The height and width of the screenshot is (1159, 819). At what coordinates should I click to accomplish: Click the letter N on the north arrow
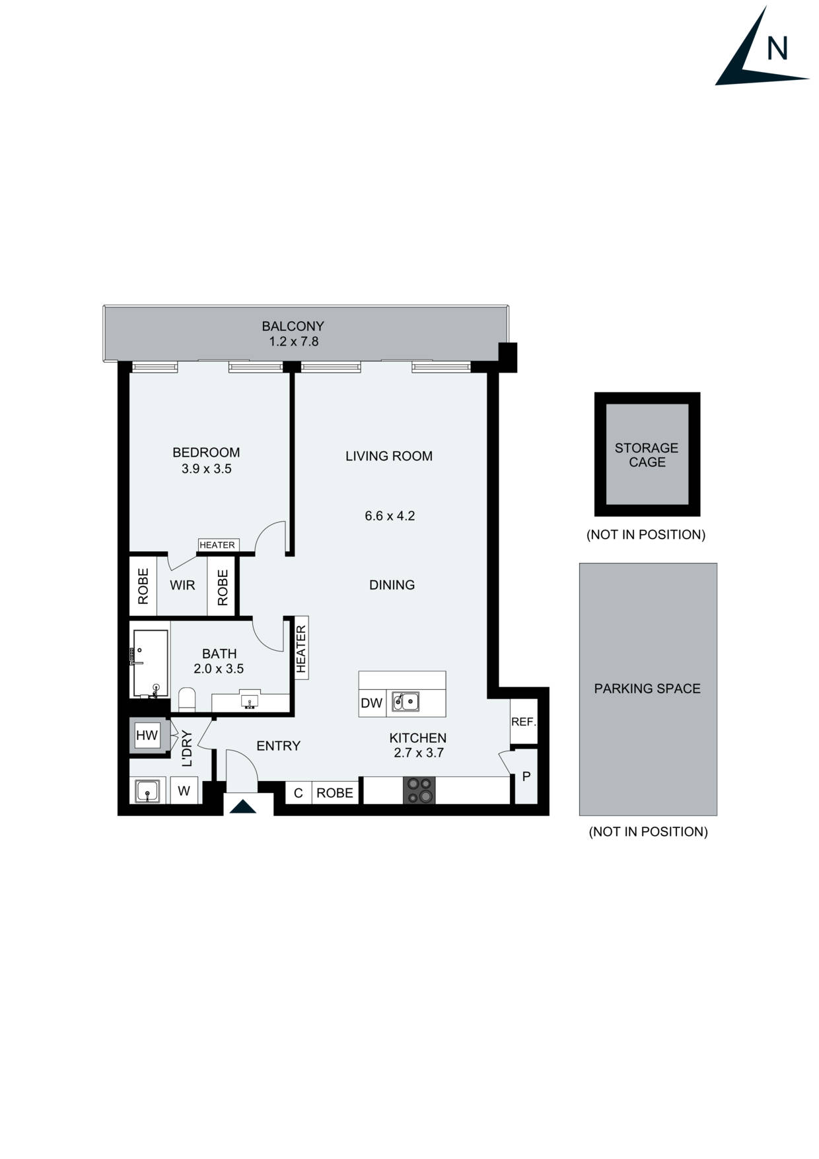pyautogui.click(x=777, y=48)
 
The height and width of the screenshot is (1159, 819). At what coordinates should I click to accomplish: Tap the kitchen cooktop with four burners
pyautogui.click(x=419, y=790)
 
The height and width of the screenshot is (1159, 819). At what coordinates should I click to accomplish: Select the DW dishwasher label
pyautogui.click(x=372, y=703)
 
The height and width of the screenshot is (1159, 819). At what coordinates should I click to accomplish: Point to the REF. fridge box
pyautogui.click(x=524, y=722)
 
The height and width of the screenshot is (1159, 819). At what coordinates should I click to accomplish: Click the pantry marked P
pyautogui.click(x=526, y=776)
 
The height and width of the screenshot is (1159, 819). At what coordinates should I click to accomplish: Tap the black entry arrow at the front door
pyautogui.click(x=242, y=807)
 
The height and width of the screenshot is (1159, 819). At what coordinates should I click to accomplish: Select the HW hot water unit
pyautogui.click(x=147, y=735)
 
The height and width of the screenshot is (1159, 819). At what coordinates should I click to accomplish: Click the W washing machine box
pyautogui.click(x=184, y=790)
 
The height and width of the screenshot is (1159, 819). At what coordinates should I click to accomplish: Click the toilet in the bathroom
pyautogui.click(x=187, y=700)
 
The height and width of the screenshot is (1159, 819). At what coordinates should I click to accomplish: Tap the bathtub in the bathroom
pyautogui.click(x=150, y=663)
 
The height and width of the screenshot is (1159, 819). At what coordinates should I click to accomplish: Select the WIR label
pyautogui.click(x=182, y=585)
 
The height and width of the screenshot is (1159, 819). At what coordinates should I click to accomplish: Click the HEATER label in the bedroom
pyautogui.click(x=217, y=544)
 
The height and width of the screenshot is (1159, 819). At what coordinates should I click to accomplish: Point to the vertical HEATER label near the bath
pyautogui.click(x=301, y=649)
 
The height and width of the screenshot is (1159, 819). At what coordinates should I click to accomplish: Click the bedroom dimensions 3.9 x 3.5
pyautogui.click(x=206, y=468)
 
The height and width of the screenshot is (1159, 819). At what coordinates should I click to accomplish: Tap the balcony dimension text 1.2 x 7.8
pyautogui.click(x=293, y=342)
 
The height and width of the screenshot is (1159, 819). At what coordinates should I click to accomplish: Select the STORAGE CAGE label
pyautogui.click(x=647, y=455)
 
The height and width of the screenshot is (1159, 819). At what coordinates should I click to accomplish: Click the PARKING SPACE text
pyautogui.click(x=647, y=689)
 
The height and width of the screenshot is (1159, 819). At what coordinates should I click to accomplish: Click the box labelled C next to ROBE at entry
pyautogui.click(x=298, y=793)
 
